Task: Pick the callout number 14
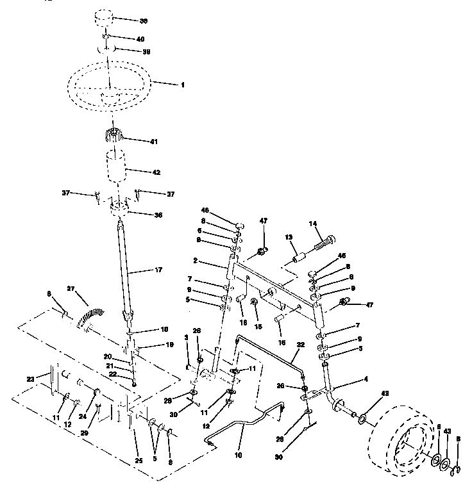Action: click(x=313, y=225)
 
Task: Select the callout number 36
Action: click(x=158, y=215)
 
